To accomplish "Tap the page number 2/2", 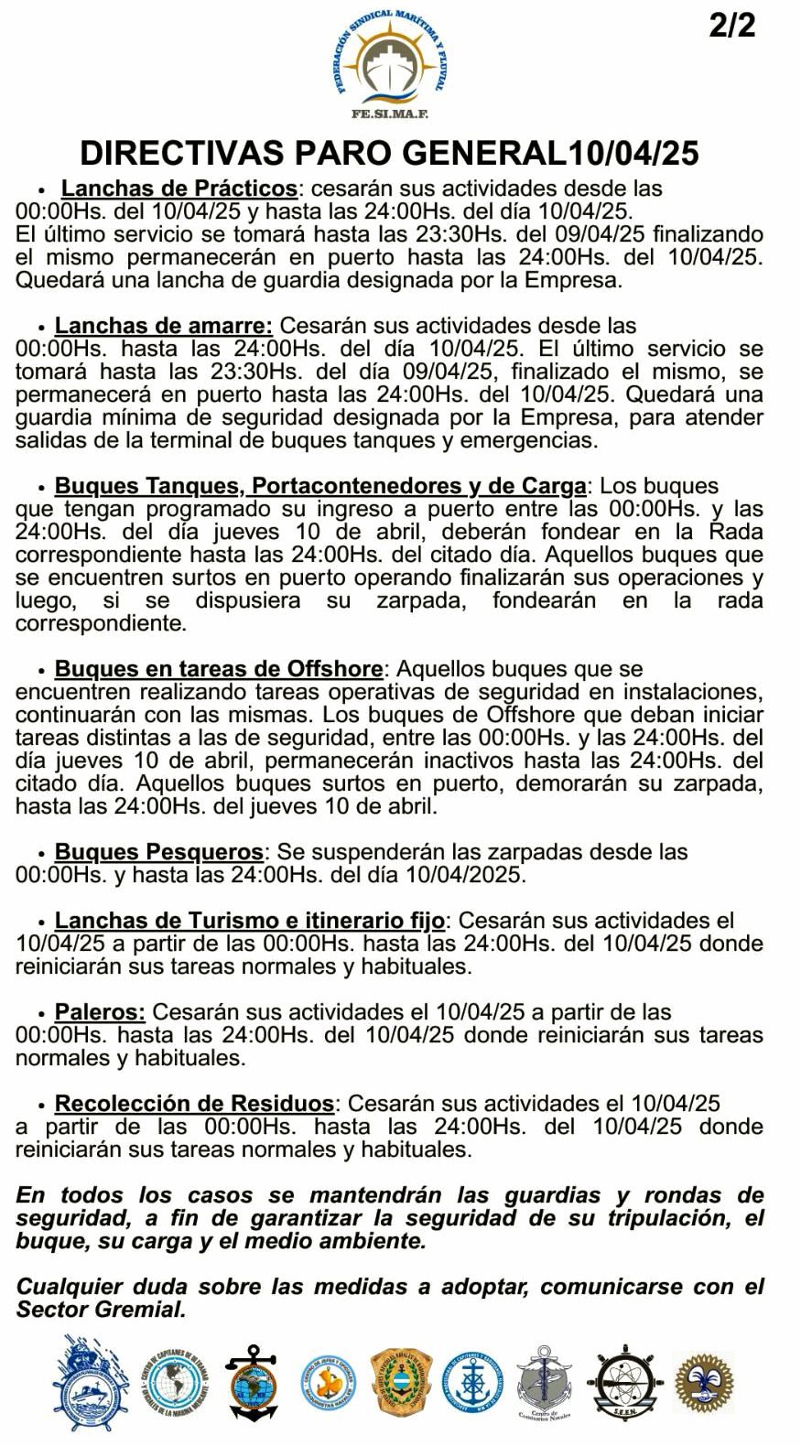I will (732, 26).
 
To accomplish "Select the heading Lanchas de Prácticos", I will (179, 189).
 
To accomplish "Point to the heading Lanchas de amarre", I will (164, 326).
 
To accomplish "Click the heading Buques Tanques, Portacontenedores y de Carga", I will (320, 486).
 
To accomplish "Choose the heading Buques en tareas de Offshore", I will (219, 669).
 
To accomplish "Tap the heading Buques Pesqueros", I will (159, 852).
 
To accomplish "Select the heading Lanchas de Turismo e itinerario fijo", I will (250, 921).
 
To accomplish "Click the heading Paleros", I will (100, 1012).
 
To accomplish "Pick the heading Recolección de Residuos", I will (194, 1104).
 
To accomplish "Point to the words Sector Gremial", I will (100, 1310).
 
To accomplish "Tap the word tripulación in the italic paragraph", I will (663, 1218).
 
